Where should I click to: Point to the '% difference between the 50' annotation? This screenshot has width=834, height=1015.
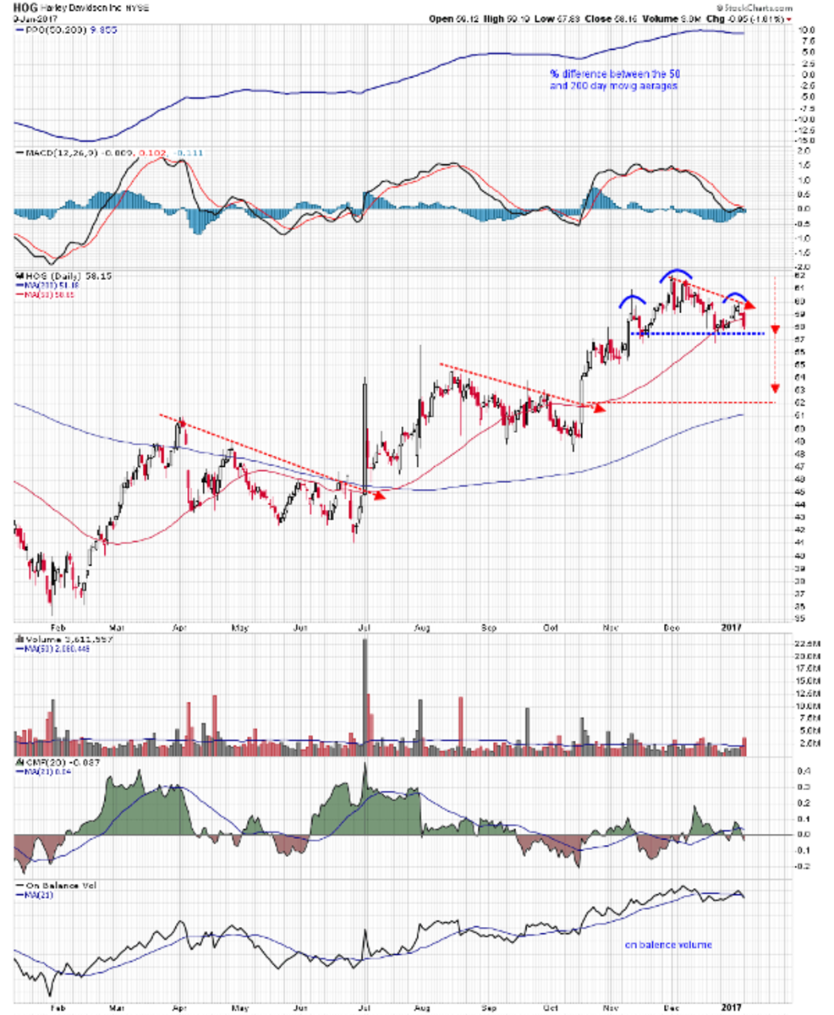coord(610,74)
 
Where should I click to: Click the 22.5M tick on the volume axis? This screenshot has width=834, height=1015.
coord(808,645)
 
